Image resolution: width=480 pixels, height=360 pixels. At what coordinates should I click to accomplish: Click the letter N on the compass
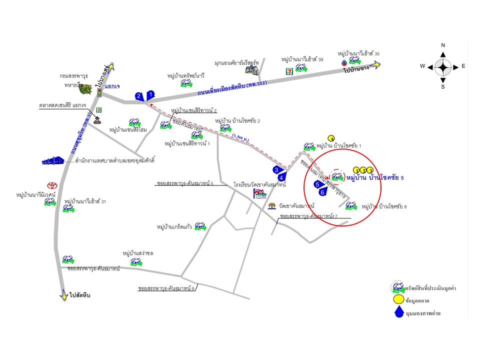click(443, 45)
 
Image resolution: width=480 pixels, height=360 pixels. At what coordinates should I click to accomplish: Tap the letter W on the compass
click(422, 66)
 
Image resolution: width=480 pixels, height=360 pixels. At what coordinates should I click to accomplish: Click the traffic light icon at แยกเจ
click(99, 93)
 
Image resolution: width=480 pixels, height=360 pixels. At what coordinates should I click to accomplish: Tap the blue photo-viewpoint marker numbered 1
click(151, 93)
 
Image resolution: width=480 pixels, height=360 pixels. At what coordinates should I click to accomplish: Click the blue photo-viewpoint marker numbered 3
click(276, 170)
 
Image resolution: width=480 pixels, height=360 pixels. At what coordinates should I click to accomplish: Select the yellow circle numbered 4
click(331, 138)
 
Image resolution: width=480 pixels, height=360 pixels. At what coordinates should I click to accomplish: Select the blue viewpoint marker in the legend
click(398, 312)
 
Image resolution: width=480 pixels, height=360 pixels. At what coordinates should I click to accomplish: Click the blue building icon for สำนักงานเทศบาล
click(53, 160)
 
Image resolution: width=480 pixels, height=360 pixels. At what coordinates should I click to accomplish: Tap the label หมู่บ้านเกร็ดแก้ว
click(174, 227)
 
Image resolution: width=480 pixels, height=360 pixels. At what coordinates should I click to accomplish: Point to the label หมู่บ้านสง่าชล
click(138, 253)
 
